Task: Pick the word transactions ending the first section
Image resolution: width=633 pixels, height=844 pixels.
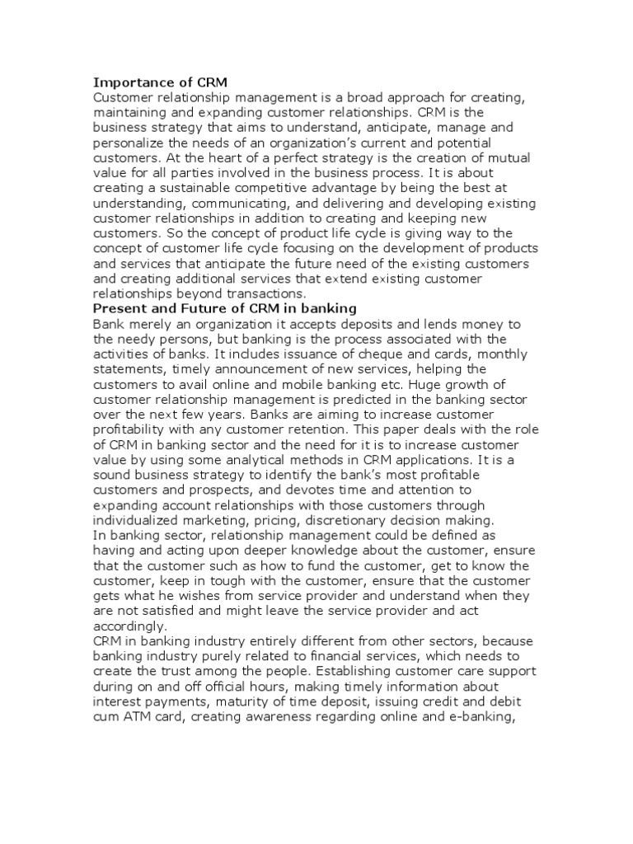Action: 263,293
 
